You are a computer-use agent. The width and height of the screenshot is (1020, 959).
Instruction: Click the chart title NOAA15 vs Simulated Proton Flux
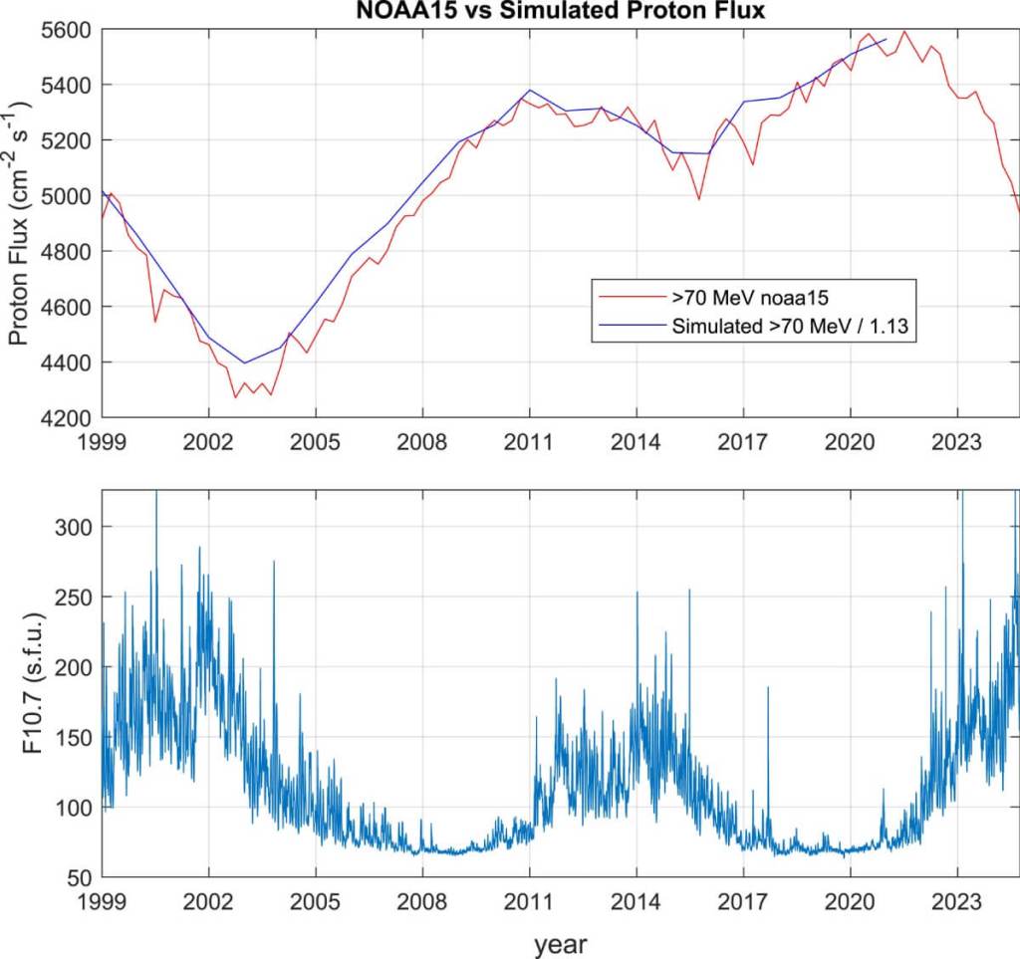pos(560,12)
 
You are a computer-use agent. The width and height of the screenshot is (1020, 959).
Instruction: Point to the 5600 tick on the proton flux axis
pos(69,30)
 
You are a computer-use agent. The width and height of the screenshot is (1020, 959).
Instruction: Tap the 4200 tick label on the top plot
pos(69,418)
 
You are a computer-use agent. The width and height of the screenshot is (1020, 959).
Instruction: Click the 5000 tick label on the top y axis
pos(69,196)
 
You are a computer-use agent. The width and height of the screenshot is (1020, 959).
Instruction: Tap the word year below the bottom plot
pos(560,942)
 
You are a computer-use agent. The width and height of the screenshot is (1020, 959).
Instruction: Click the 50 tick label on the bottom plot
pos(81,877)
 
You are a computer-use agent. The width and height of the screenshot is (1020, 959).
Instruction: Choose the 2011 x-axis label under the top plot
pos(529,440)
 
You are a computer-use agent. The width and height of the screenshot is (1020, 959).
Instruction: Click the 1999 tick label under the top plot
pos(103,440)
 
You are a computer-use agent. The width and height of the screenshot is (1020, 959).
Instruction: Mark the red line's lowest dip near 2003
pos(235,397)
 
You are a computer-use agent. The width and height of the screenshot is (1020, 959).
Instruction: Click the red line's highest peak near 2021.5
pos(904,31)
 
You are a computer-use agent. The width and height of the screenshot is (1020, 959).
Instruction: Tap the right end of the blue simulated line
pos(886,40)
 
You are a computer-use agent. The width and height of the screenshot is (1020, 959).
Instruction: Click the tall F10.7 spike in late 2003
pos(273,562)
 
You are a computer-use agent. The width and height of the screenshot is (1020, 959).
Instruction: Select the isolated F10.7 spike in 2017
pos(768,687)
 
